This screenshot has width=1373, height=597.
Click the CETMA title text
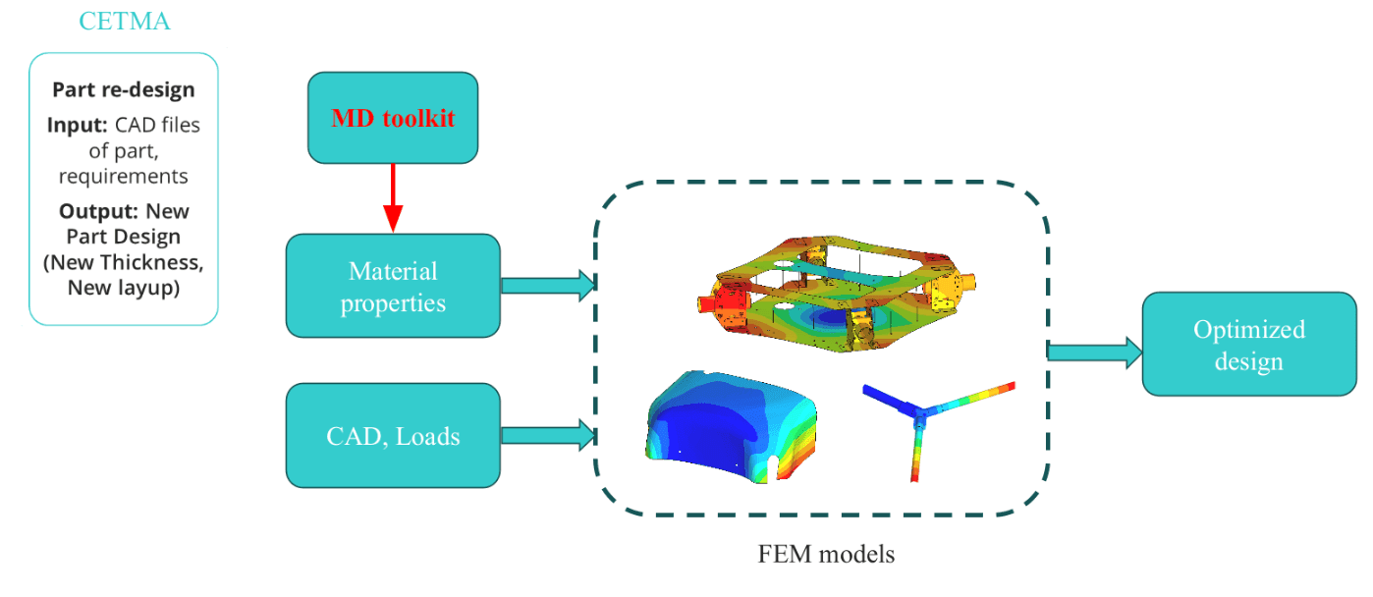tap(124, 20)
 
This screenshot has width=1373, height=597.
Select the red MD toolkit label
tap(393, 119)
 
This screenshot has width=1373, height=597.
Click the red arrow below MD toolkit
tap(393, 196)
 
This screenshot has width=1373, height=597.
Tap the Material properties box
tap(393, 286)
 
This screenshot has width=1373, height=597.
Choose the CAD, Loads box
tap(393, 436)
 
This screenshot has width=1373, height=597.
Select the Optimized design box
tap(1248, 344)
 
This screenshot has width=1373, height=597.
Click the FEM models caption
tap(826, 554)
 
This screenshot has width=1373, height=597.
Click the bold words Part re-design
tap(124, 89)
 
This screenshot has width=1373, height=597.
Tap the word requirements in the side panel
tap(124, 176)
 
